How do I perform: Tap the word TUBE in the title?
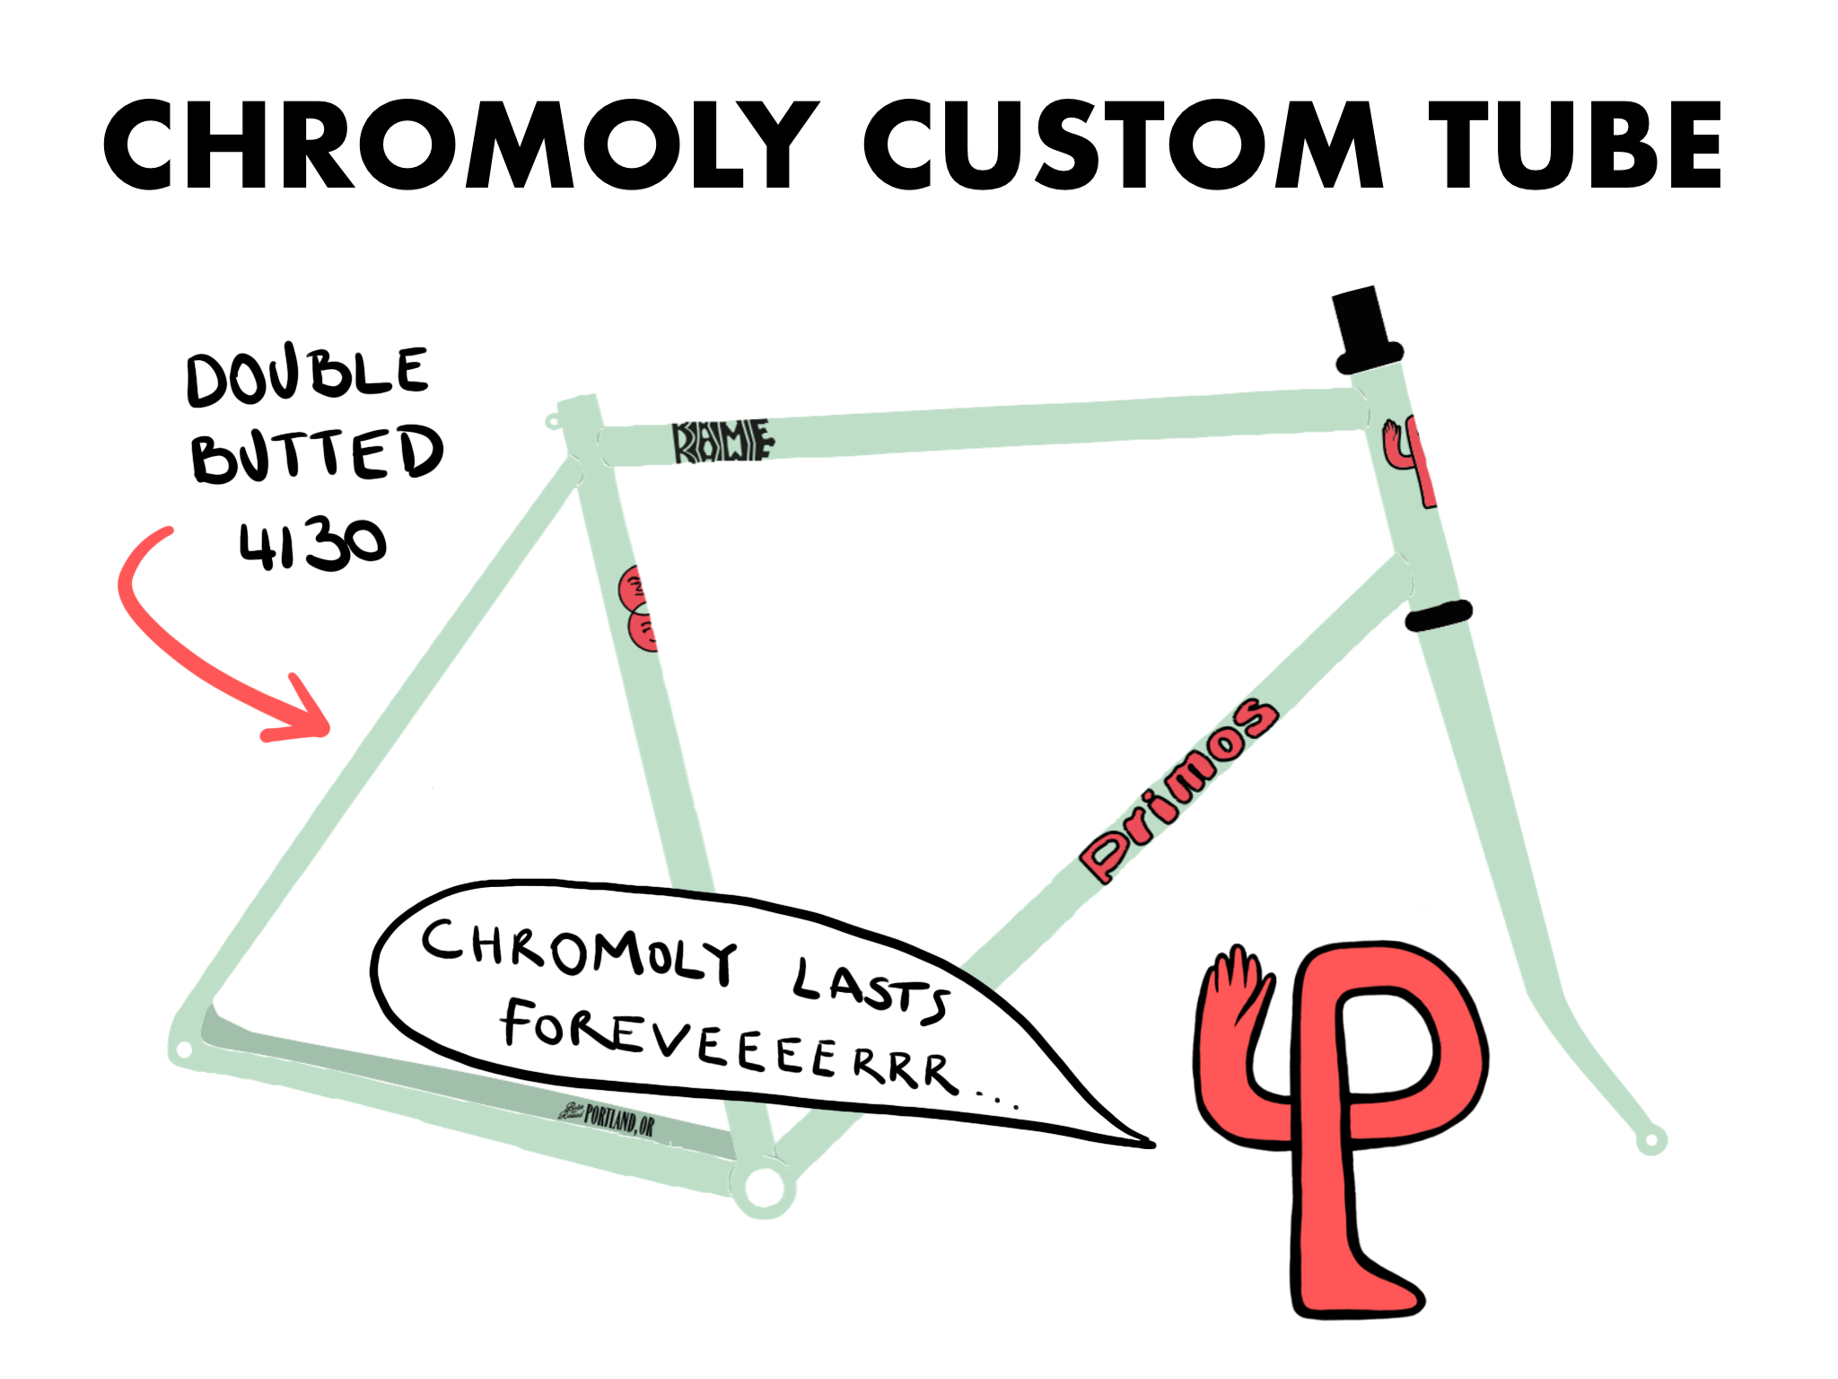point(1575,145)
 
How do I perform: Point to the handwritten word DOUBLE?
point(307,375)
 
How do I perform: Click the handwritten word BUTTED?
point(317,454)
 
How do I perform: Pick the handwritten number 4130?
point(311,545)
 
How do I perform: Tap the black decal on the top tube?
point(722,441)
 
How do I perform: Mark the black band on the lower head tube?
point(1438,616)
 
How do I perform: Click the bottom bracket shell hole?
point(764,1187)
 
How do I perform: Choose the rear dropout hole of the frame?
point(184,1049)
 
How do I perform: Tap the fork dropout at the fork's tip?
point(1650,1141)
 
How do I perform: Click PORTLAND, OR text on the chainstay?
point(619,1120)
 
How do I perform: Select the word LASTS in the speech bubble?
point(869,989)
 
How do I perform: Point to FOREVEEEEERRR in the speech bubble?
point(727,1047)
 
